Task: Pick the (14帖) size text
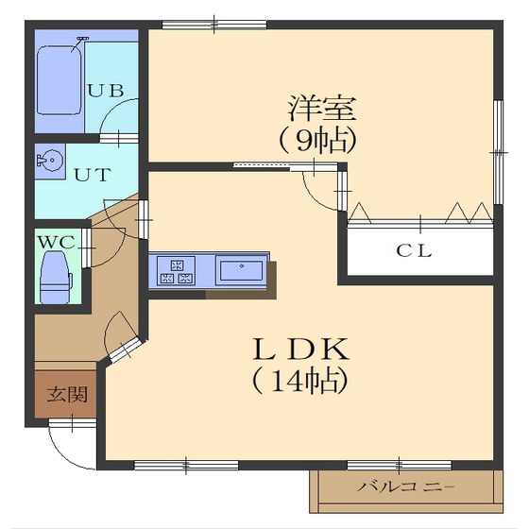[x=300, y=381]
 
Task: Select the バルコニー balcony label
[x=406, y=488]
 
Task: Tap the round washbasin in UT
[x=50, y=161]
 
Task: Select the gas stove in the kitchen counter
[x=176, y=270]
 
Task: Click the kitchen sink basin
[x=242, y=271]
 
